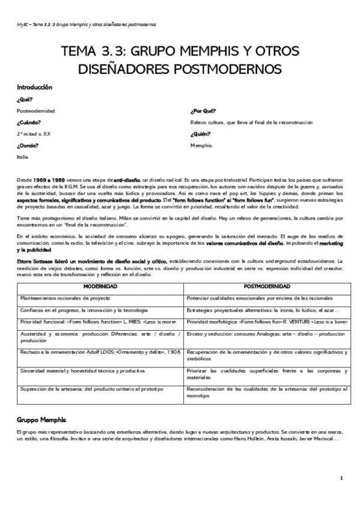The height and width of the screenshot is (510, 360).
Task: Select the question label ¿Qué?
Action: click(25, 99)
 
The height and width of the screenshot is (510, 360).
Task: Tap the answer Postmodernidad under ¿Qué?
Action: click(36, 111)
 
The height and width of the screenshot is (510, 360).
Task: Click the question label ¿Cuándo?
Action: click(29, 122)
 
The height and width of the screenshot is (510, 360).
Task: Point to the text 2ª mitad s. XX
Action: click(34, 134)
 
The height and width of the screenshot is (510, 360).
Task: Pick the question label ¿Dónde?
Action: click(28, 145)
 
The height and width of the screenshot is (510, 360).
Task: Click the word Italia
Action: click(22, 156)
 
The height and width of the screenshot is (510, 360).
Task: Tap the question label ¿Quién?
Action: click(201, 134)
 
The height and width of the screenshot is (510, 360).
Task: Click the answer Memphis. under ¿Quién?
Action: click(201, 145)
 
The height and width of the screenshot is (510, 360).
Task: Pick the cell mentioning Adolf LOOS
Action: click(100, 352)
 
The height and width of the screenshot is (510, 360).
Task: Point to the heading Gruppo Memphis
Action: click(41, 419)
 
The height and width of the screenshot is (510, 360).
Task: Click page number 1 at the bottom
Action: click(341, 478)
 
